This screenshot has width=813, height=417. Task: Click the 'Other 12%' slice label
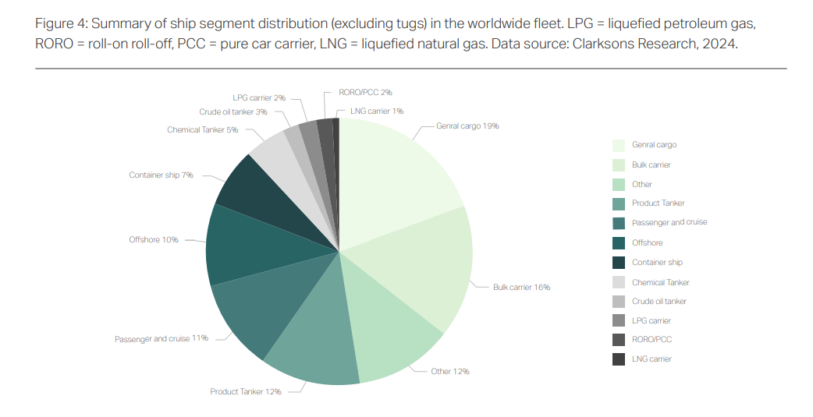(450, 371)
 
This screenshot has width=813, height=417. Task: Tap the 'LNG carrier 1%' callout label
(377, 111)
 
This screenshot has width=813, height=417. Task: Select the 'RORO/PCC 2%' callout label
(365, 92)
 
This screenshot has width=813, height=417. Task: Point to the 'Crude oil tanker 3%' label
(233, 112)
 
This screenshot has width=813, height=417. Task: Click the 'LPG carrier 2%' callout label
(259, 98)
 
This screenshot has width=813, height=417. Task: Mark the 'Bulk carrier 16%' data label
(521, 288)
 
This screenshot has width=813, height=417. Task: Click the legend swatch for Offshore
(619, 242)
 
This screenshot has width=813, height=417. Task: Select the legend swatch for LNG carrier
(619, 359)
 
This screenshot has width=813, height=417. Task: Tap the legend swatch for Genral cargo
(619, 145)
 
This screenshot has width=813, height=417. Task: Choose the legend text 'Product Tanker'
(658, 203)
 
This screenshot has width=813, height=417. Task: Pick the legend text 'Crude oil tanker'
(659, 301)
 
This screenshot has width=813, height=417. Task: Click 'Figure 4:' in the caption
(62, 23)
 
